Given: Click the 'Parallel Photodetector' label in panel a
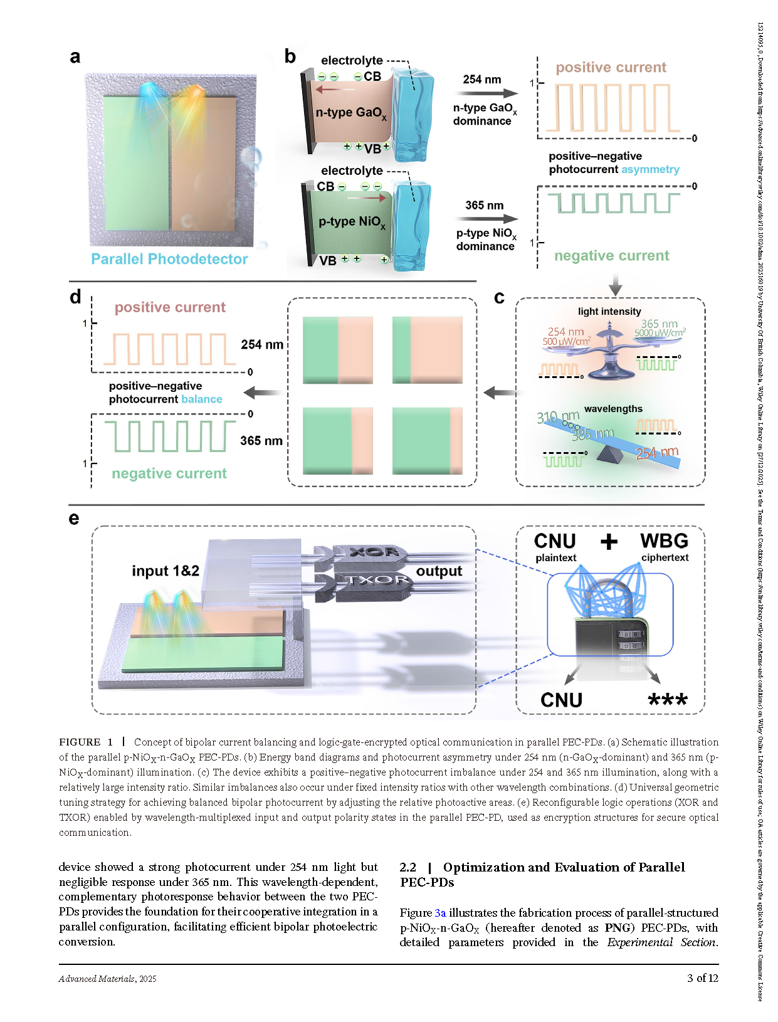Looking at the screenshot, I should tap(169, 259).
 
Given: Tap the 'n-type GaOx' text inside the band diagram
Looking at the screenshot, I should tap(351, 113).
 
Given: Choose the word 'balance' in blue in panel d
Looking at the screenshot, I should tap(201, 399).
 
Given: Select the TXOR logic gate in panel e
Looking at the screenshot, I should tap(374, 581).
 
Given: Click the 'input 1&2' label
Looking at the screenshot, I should tap(165, 571).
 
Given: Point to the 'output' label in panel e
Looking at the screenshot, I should tap(439, 571).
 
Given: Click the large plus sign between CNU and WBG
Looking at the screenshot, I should tap(609, 542).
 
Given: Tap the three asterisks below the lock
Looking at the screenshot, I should tap(668, 700).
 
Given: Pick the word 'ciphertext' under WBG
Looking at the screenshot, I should tap(665, 557).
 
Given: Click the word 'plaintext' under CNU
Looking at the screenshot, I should tap(555, 558).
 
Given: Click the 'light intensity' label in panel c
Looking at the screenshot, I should tap(609, 312).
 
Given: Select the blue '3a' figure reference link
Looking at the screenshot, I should tap(440, 913).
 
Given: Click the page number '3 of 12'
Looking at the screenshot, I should tap(702, 978).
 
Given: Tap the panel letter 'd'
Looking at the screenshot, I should tap(75, 297).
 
